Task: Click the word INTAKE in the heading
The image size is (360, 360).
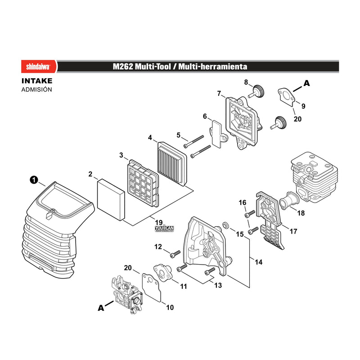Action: (x=37, y=81)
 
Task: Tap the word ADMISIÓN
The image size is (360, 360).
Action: (x=37, y=90)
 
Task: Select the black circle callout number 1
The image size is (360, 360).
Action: (x=34, y=180)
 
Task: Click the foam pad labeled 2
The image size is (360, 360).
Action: (x=111, y=199)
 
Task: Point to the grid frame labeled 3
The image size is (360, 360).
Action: (x=143, y=183)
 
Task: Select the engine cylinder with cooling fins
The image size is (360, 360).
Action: (x=314, y=177)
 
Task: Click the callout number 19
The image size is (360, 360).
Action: (x=159, y=222)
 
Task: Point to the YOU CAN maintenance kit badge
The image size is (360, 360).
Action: (x=164, y=229)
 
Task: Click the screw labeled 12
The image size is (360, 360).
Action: (x=175, y=254)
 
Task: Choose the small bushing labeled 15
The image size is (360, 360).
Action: (x=225, y=225)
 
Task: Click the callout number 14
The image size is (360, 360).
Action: (x=258, y=262)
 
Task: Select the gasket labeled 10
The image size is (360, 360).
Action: (x=152, y=287)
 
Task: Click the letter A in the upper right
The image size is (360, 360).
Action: (x=307, y=83)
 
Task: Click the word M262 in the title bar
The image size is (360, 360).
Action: (x=123, y=67)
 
